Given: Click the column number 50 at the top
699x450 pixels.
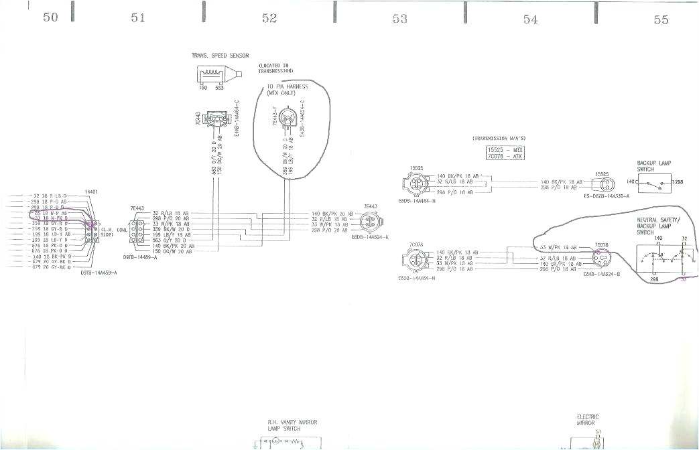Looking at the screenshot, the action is (x=50, y=18).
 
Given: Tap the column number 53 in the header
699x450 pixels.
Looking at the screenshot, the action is (x=399, y=19).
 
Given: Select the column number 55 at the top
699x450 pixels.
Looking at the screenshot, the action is (x=661, y=19).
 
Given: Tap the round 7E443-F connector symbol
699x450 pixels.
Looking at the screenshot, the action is (x=288, y=119).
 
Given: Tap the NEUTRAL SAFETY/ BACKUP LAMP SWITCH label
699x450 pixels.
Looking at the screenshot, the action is (x=658, y=226).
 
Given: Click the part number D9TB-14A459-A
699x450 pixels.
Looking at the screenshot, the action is (x=99, y=273).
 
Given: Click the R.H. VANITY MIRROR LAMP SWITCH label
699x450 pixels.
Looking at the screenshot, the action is (x=292, y=425).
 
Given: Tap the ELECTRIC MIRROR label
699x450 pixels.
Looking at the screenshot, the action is (x=588, y=420).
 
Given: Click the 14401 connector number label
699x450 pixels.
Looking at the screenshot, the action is (x=92, y=192).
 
